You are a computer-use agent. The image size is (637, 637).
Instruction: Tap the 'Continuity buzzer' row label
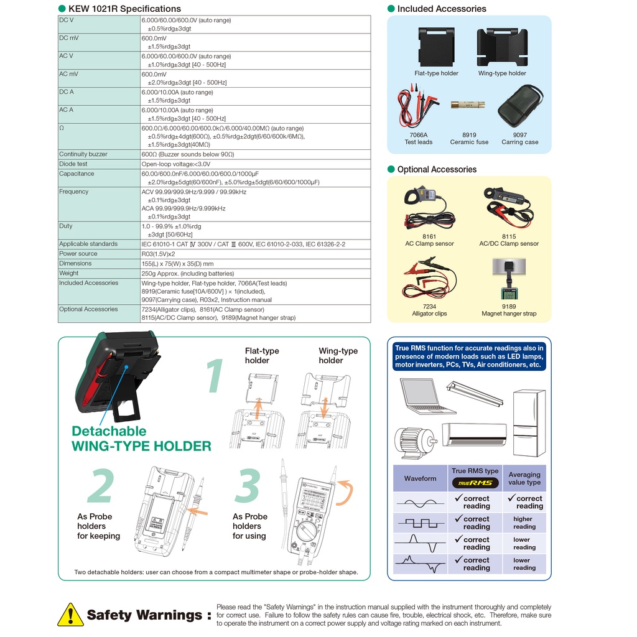[83, 154]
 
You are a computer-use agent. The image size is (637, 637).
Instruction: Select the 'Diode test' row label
[73, 164]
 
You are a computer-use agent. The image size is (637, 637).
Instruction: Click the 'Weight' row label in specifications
[69, 273]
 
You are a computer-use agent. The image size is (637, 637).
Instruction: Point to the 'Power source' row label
[78, 254]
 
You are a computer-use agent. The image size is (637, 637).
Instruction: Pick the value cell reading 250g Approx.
[188, 273]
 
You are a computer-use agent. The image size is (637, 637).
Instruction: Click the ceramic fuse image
[469, 105]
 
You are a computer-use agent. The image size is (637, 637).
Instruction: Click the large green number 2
[101, 486]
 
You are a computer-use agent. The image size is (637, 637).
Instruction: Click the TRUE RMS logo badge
[475, 483]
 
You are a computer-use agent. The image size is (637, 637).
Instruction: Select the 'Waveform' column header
[421, 478]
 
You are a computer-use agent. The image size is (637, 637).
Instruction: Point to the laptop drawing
[427, 396]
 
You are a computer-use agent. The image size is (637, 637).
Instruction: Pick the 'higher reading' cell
[524, 523]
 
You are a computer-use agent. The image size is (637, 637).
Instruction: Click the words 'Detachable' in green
[109, 431]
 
